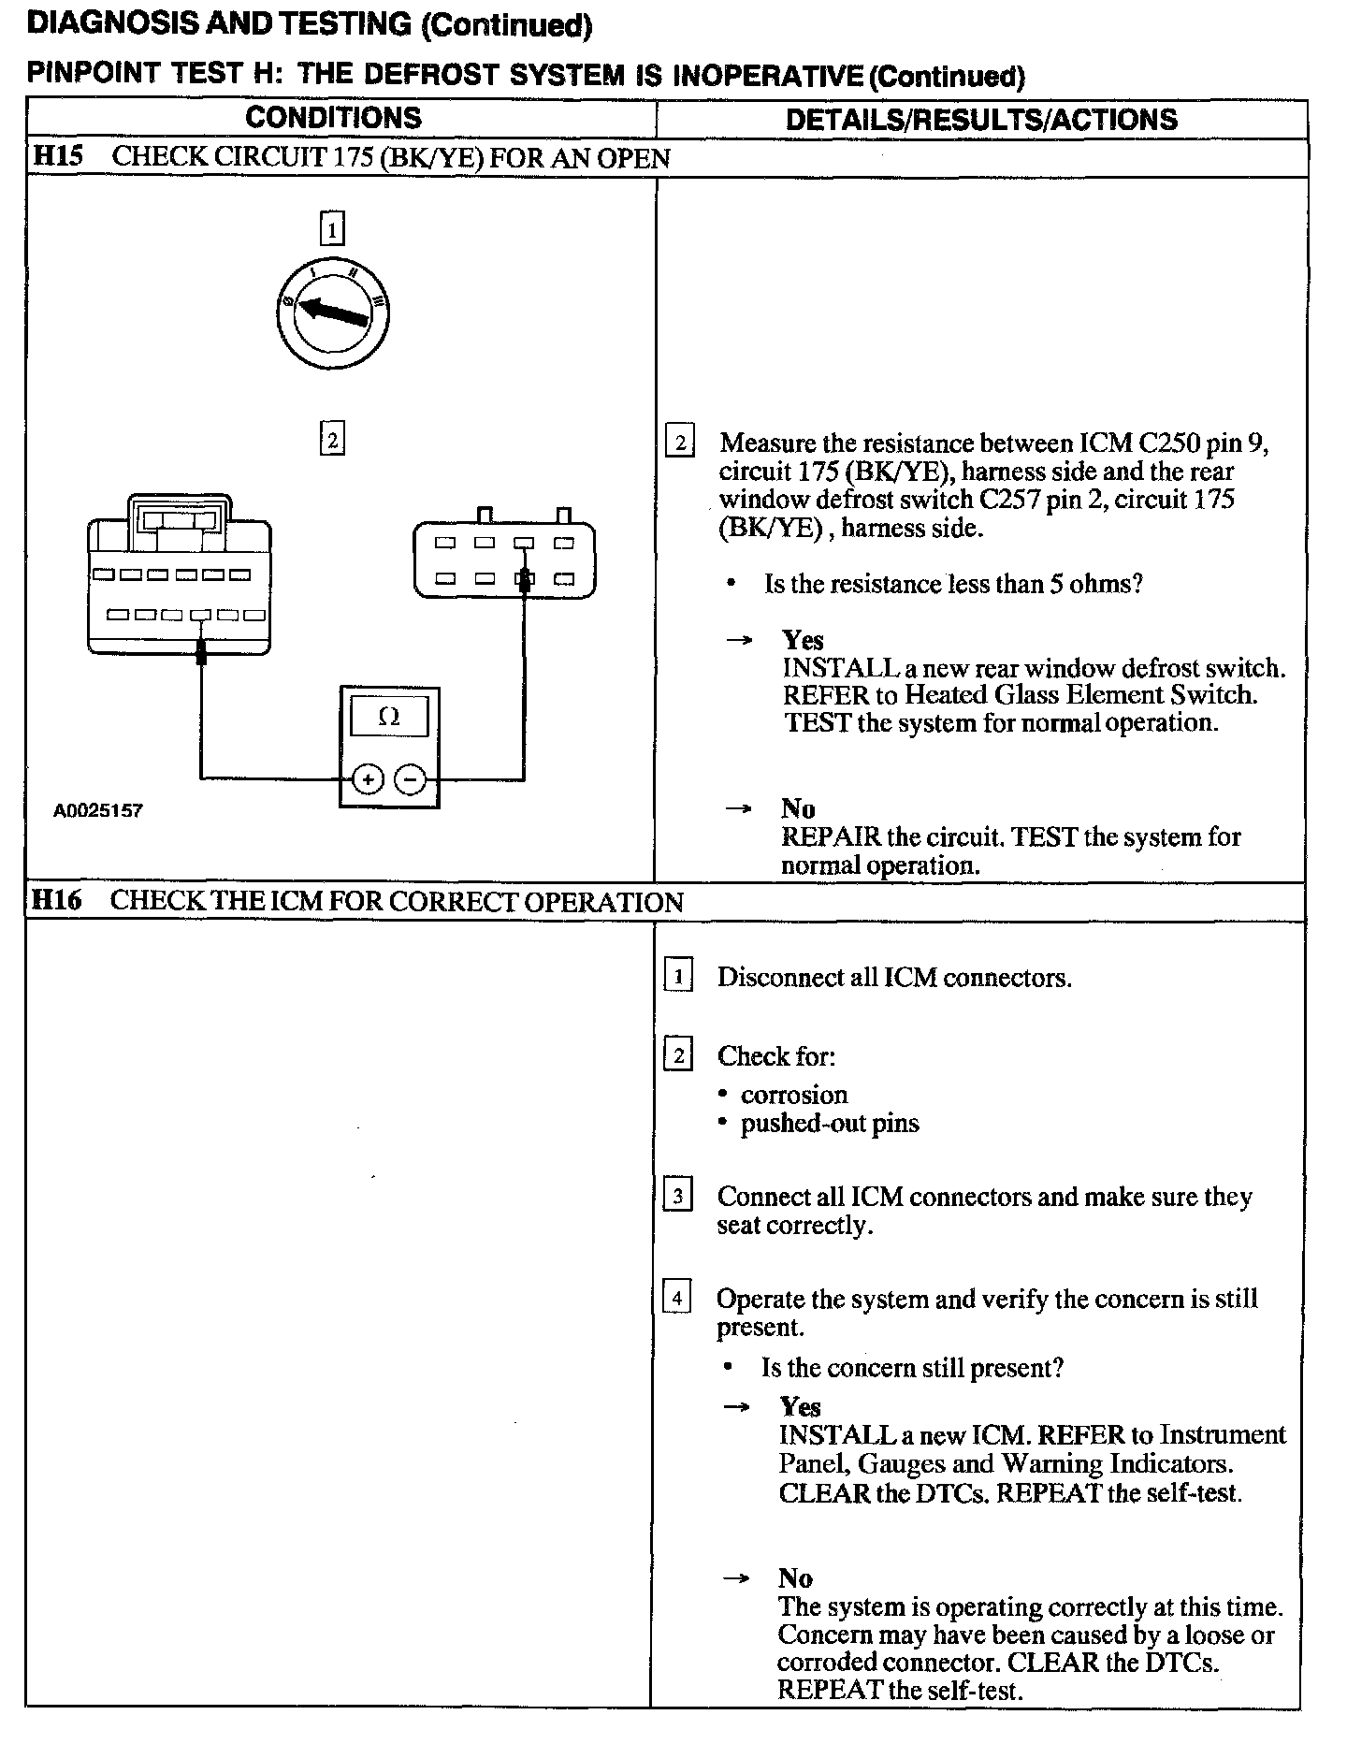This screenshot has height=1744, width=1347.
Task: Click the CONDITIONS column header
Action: [x=333, y=118]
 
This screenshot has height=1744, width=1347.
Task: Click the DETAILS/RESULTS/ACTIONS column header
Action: [x=981, y=119]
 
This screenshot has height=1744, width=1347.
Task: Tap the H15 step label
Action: [x=58, y=156]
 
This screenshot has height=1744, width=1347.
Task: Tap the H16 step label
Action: [x=56, y=901]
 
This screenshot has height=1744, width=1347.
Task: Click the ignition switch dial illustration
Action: [x=333, y=314]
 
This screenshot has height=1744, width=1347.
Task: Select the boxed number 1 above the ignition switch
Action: [x=332, y=228]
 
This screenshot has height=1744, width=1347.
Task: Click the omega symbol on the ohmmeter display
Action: [x=389, y=718]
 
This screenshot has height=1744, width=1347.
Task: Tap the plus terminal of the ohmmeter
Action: [x=369, y=778]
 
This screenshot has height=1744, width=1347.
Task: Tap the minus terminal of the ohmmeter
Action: [x=410, y=778]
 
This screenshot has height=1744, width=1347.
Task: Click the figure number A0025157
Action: [x=97, y=810]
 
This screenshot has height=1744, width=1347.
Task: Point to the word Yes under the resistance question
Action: [x=803, y=640]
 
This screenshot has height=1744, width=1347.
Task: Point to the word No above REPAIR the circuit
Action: [x=798, y=808]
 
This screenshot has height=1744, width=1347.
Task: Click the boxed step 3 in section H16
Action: [x=677, y=1196]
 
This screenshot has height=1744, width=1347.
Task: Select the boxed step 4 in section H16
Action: [x=677, y=1298]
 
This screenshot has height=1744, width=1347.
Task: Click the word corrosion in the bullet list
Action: [x=794, y=1095]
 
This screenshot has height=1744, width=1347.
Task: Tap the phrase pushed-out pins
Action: [x=830, y=1123]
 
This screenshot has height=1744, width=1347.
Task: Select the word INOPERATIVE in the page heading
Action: [x=768, y=76]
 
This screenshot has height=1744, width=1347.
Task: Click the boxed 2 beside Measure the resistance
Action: [x=680, y=442]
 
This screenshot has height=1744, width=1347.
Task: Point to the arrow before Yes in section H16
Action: [x=737, y=1406]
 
